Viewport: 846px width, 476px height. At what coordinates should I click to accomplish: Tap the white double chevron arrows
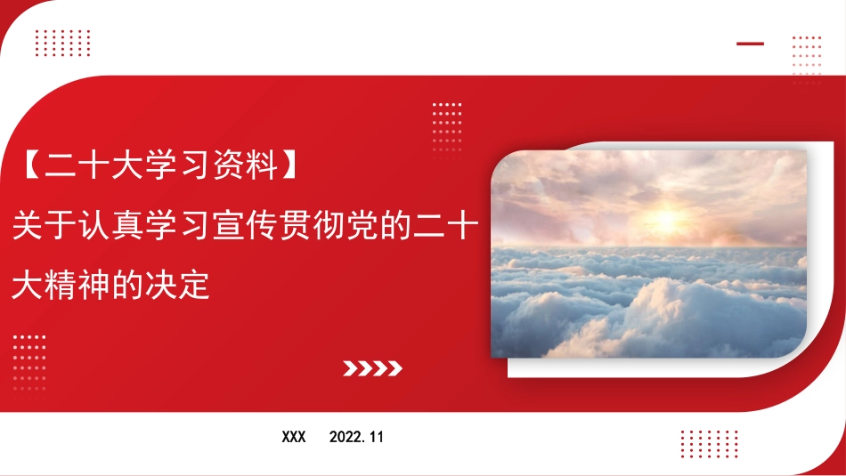tap(373, 368)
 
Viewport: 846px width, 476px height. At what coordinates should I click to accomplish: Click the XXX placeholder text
tap(294, 437)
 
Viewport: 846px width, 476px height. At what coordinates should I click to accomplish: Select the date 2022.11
tap(356, 437)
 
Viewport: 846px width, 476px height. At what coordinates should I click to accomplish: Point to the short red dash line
tap(751, 44)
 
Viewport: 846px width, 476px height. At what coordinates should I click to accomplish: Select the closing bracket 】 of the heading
tap(289, 165)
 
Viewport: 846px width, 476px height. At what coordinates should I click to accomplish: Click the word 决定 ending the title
tap(177, 286)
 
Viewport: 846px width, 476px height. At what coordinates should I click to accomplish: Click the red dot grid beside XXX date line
tap(710, 444)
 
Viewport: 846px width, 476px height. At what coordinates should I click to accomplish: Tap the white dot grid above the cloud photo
tap(447, 128)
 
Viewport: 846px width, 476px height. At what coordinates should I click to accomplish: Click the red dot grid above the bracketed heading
tap(62, 43)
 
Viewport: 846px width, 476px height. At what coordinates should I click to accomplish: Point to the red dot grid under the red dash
tap(807, 60)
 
